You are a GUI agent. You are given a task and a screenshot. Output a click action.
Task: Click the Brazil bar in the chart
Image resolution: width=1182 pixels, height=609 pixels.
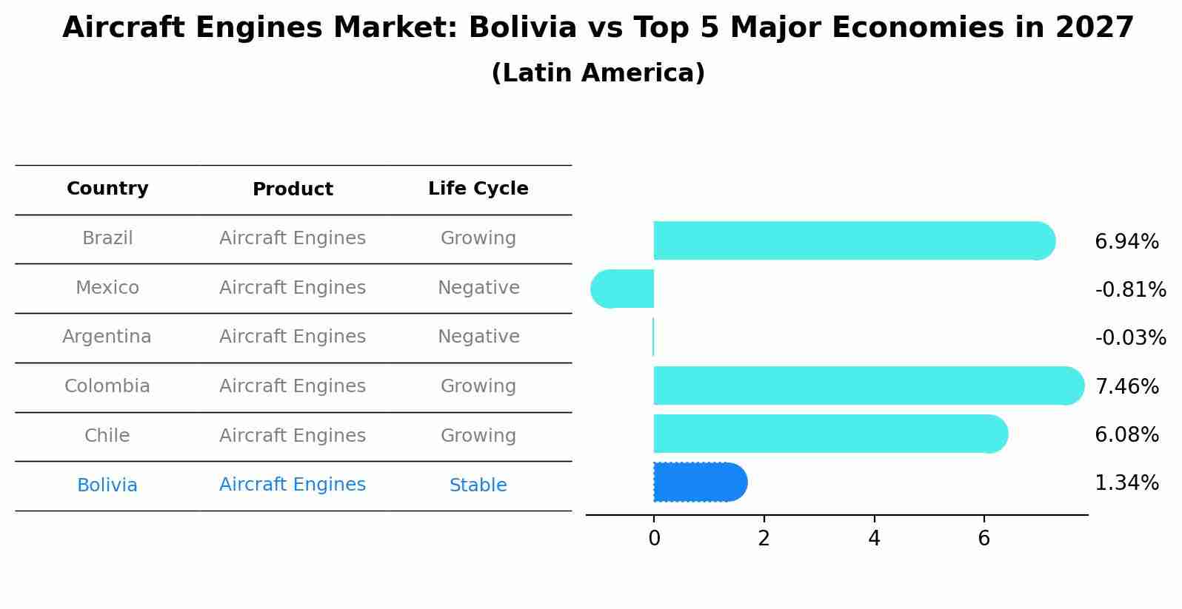[x=852, y=240]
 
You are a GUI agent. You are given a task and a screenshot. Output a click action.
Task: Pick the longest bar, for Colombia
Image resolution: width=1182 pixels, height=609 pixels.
[x=867, y=386]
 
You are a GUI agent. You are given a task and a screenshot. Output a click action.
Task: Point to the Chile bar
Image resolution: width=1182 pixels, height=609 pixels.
[x=829, y=434]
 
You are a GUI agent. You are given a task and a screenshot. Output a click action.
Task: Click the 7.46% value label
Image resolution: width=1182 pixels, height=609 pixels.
[x=1126, y=386]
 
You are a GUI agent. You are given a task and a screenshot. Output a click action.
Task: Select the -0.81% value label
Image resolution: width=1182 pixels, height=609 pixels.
[x=1130, y=289]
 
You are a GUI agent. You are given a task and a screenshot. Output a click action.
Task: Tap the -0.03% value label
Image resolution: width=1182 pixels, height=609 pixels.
[x=1130, y=338]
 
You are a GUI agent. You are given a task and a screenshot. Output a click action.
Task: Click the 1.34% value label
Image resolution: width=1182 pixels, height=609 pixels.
[x=1126, y=483]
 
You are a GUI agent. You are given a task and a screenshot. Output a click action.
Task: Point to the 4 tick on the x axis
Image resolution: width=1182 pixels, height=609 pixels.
[x=874, y=539]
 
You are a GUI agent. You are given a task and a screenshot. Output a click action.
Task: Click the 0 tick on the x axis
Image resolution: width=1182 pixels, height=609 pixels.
[x=654, y=539]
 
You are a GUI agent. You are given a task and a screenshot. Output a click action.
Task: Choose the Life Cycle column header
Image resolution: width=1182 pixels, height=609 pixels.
[x=478, y=189]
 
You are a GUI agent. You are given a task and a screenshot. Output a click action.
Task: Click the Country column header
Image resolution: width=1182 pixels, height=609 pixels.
[x=107, y=189]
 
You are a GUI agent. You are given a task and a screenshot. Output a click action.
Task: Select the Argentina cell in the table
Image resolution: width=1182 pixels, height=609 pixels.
[x=107, y=337]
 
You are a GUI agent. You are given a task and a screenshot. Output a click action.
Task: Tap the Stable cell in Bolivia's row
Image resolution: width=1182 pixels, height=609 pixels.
[x=478, y=485]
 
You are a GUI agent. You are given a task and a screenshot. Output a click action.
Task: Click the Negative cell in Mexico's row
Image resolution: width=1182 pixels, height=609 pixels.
[x=478, y=288]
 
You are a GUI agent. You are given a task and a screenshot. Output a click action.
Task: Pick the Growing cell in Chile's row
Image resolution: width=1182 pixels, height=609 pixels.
[x=478, y=436]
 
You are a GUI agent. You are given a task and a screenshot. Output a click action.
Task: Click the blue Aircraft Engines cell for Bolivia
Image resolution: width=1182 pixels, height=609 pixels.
[x=293, y=485]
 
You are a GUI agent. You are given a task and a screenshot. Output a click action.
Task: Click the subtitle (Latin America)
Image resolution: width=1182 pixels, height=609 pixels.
[x=598, y=73]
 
